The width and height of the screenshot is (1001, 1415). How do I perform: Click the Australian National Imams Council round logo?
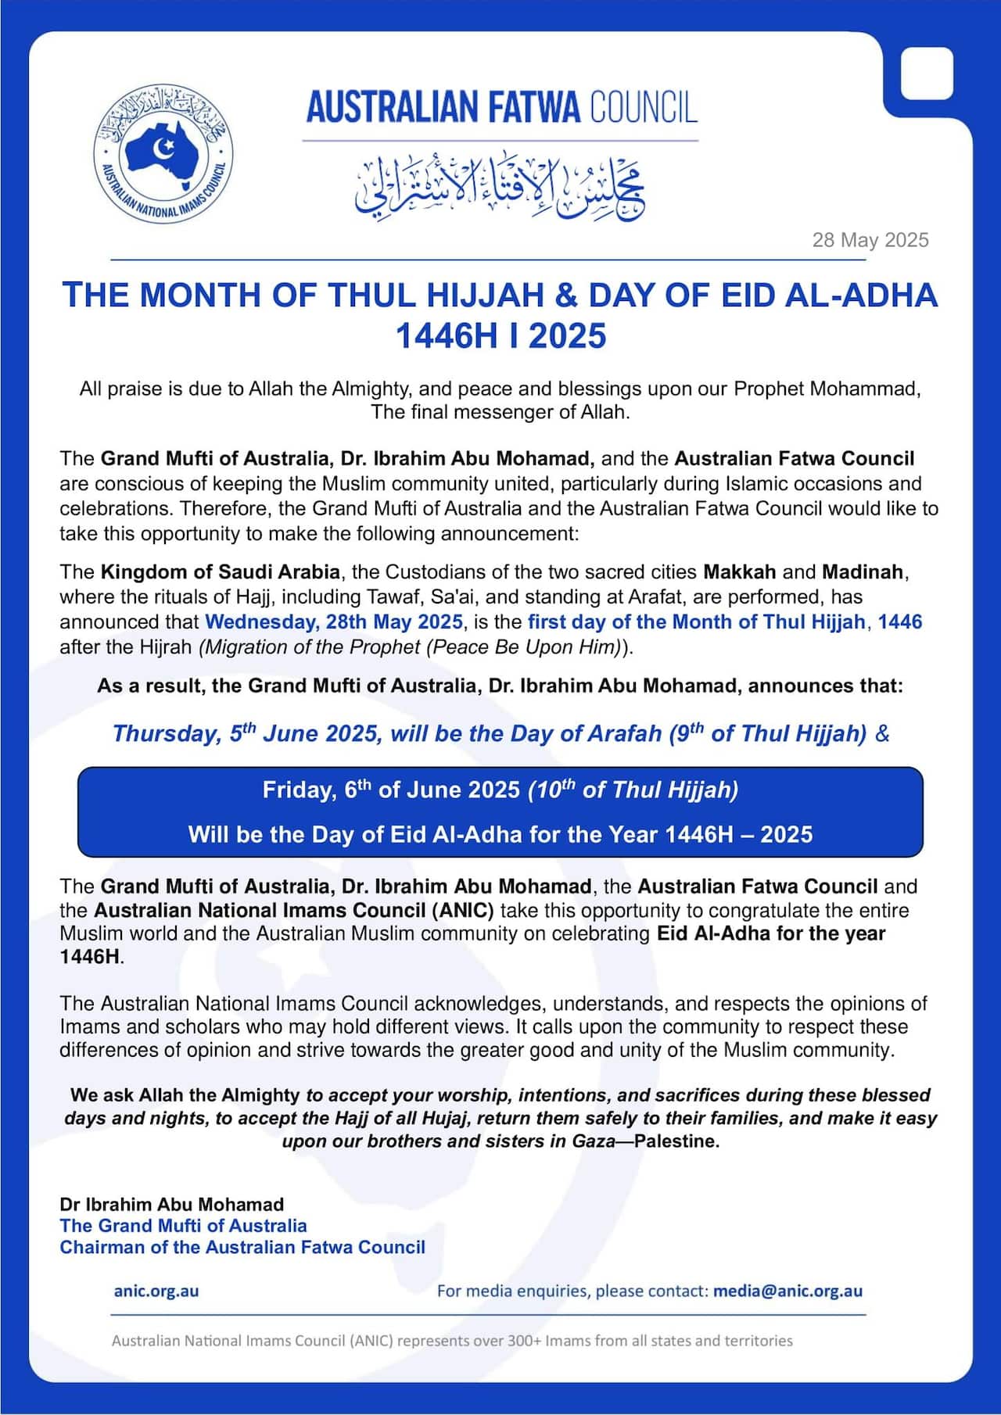[163, 153]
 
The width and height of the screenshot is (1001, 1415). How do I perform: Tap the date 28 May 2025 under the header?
[870, 240]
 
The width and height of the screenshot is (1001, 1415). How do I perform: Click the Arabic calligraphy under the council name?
[500, 188]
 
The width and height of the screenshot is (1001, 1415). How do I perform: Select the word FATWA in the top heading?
[529, 108]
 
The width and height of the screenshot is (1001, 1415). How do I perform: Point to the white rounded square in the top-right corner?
[927, 73]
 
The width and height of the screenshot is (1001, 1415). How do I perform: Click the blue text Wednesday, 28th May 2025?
[334, 622]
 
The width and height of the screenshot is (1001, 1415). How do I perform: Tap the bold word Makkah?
[739, 572]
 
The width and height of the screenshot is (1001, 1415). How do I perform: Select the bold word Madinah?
[863, 572]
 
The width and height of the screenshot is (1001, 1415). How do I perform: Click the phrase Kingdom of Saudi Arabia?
[220, 572]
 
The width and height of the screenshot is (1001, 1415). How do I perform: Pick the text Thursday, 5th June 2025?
[246, 734]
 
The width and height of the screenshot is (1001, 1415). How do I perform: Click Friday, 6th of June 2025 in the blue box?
[391, 790]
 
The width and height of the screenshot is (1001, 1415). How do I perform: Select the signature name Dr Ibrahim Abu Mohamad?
[171, 1205]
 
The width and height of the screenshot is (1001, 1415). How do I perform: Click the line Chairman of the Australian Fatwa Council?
[242, 1248]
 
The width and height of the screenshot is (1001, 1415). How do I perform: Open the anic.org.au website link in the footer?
[156, 1291]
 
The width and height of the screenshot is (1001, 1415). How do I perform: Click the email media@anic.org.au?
[788, 1291]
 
